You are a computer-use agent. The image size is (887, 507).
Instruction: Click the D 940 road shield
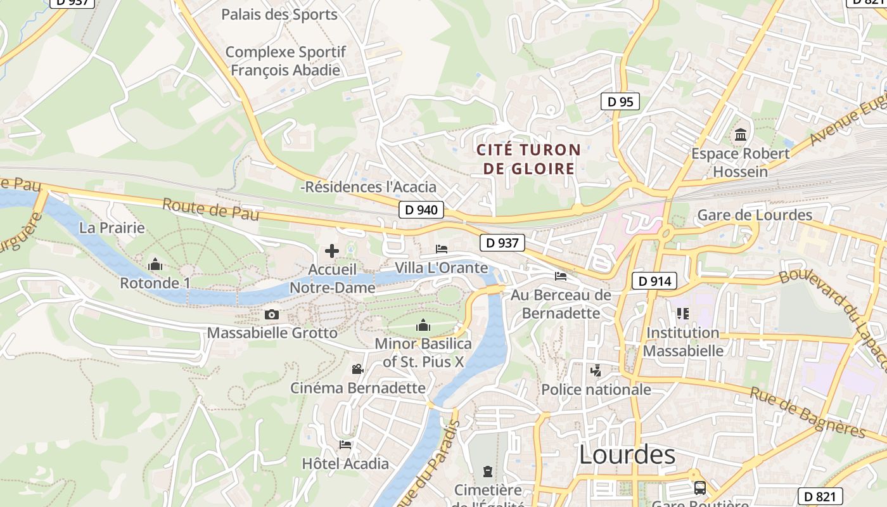[421, 210]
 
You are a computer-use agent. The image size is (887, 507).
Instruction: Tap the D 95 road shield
[620, 101]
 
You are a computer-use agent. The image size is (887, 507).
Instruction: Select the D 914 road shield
[654, 281]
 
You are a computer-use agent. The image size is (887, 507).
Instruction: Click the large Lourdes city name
[627, 455]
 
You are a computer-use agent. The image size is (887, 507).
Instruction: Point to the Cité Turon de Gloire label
[528, 159]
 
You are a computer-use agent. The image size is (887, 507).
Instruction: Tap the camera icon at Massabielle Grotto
[271, 314]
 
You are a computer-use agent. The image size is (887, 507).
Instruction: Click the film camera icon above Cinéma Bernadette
[358, 369]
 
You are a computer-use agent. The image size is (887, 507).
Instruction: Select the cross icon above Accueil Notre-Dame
[332, 251]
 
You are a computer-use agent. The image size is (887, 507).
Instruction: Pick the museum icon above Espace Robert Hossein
[740, 134]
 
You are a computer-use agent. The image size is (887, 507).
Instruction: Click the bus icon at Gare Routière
[700, 487]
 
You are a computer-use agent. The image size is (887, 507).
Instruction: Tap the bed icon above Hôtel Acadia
[345, 444]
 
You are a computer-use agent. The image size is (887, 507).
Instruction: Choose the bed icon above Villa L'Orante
[442, 248]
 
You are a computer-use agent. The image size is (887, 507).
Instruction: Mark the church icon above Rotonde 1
[155, 264]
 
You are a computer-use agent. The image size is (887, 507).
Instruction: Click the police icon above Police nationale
[596, 370]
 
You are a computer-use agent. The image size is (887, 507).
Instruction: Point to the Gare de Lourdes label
[754, 215]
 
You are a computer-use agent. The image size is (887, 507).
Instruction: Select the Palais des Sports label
[279, 14]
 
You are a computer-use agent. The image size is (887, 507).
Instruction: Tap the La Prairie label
[112, 228]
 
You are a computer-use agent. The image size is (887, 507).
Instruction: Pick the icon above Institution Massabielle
[682, 313]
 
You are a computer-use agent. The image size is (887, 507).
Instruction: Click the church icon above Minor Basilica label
[423, 326]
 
